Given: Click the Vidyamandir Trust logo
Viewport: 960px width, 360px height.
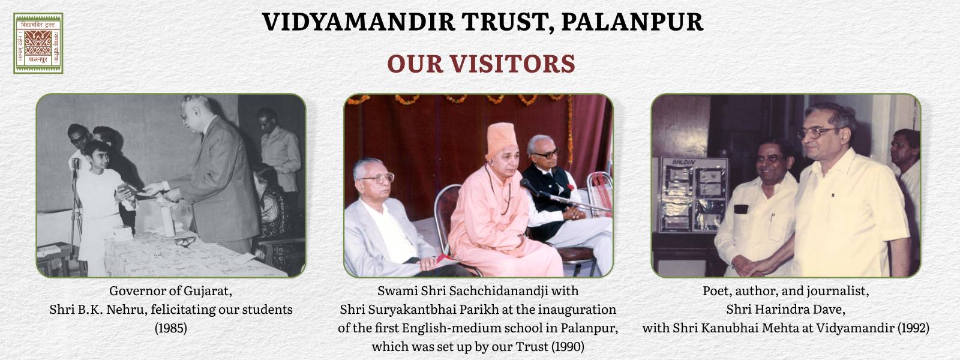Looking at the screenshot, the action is [x=38, y=43].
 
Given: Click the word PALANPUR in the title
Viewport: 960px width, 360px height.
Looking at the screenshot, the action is [x=632, y=22].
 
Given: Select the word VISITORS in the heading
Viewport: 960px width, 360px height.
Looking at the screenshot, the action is [x=512, y=64].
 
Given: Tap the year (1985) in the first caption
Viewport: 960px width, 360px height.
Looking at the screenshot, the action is [x=171, y=328].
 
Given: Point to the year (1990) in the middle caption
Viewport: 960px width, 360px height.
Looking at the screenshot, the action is [x=568, y=346].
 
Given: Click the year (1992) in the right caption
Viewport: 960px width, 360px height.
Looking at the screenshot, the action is [x=913, y=328].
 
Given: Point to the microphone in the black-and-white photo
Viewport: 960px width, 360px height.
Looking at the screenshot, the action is [x=76, y=164].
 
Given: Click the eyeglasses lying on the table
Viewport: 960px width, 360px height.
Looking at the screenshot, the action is [x=185, y=241].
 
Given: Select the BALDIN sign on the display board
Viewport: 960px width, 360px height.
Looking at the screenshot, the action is [x=684, y=162].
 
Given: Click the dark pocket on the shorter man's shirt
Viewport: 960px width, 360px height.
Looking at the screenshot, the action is [x=741, y=209].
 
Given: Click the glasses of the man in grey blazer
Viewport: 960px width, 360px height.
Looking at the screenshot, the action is [x=378, y=178].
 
